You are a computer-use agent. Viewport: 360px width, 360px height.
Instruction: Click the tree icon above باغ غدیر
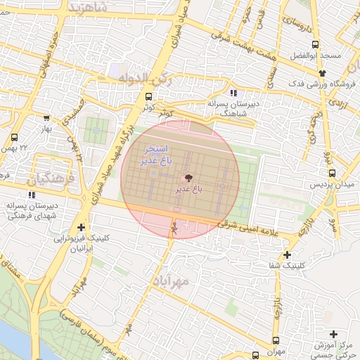(x=188, y=178)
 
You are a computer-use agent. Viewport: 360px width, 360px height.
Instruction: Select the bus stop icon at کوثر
(x=148, y=97)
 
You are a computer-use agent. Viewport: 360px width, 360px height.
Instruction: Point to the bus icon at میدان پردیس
(x=332, y=173)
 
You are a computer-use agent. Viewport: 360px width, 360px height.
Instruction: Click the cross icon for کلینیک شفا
(x=287, y=255)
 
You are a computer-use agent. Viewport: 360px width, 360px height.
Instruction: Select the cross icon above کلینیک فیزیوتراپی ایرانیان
(x=82, y=227)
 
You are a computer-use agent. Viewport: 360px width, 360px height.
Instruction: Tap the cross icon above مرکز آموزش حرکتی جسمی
(x=333, y=333)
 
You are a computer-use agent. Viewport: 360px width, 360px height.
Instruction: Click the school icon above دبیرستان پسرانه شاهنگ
(x=233, y=93)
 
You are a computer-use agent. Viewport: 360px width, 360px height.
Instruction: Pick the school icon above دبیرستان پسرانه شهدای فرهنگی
(x=31, y=193)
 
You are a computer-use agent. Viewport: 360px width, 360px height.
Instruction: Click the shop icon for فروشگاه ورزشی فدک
(x=322, y=72)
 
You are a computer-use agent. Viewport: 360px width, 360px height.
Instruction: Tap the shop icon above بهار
(x=46, y=118)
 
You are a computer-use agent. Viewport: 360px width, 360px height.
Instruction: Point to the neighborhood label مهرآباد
(x=171, y=282)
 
